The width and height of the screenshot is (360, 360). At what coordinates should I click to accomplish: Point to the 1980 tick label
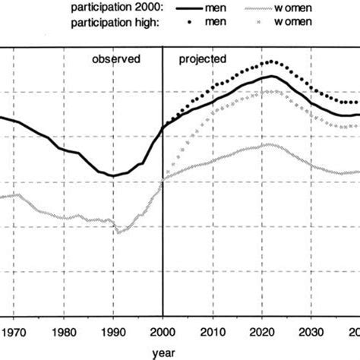tap(65, 332)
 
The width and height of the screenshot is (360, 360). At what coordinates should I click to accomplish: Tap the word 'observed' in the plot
tap(116, 58)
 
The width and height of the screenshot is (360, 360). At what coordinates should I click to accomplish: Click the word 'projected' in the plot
tap(199, 58)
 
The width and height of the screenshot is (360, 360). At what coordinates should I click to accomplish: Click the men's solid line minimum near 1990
tap(113, 176)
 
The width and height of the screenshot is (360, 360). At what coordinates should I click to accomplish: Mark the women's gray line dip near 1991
tap(118, 232)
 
